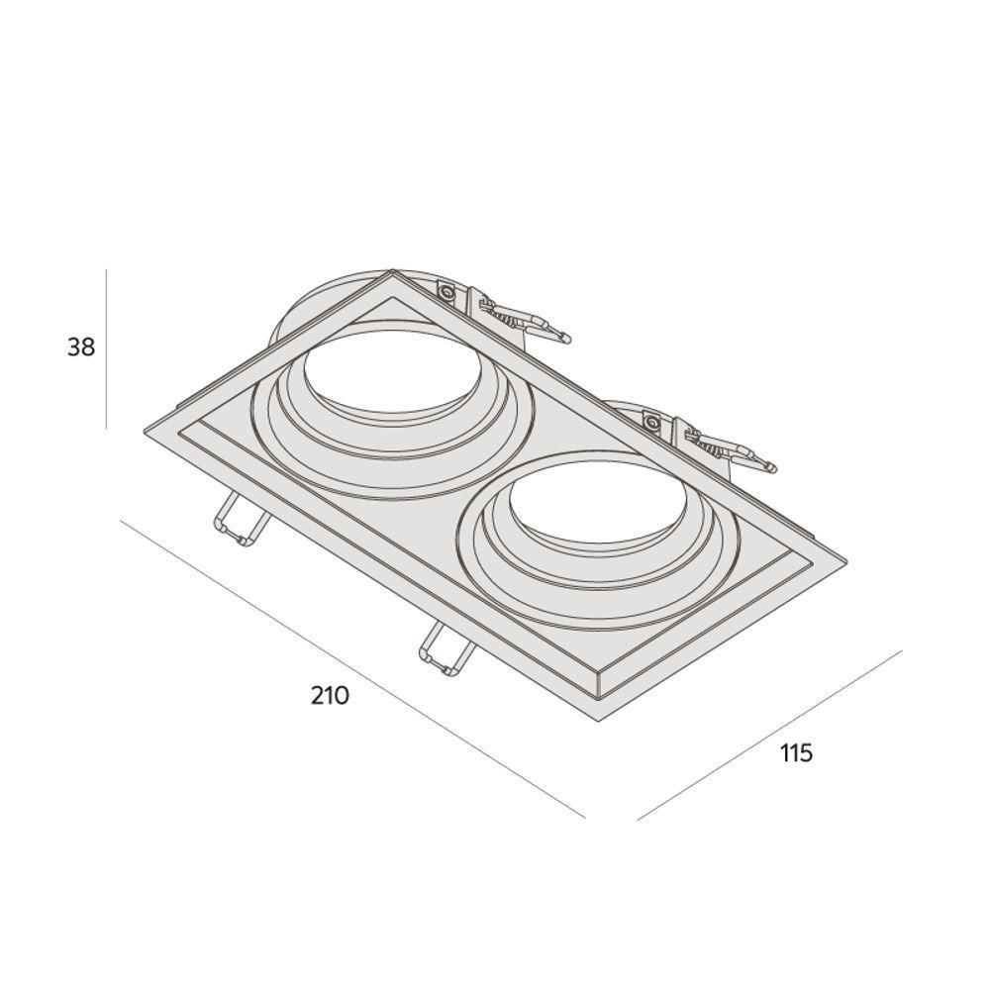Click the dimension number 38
[81, 347]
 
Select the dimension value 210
[330, 695]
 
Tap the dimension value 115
[796, 753]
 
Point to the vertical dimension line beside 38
[106, 347]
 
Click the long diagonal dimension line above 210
[351, 668]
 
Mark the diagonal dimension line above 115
[770, 735]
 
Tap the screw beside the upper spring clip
[446, 292]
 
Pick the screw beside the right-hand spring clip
[651, 424]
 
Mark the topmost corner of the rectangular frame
[392, 271]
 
